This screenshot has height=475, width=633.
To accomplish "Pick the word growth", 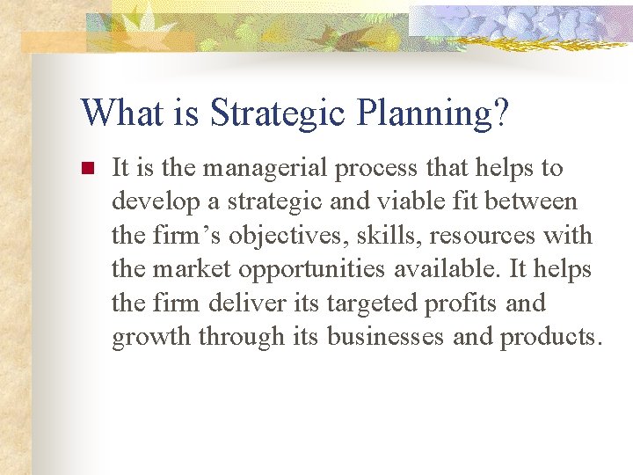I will pyautogui.click(x=152, y=337).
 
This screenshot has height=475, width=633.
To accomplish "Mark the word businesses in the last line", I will pyautogui.click(x=386, y=337).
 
